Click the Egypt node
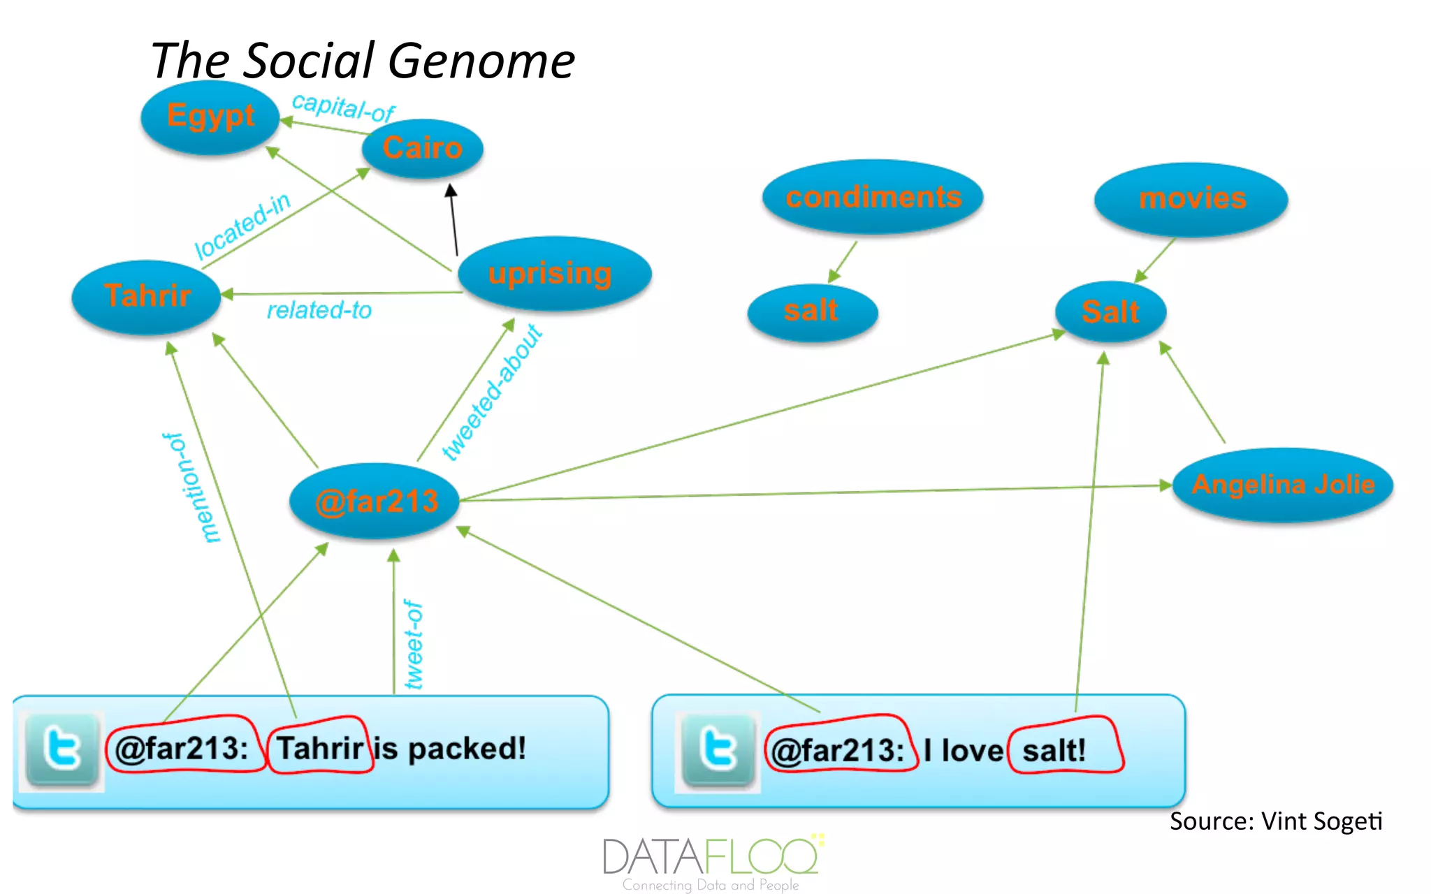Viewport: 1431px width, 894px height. [210, 117]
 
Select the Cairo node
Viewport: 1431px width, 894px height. [422, 148]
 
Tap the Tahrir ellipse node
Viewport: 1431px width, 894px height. [147, 296]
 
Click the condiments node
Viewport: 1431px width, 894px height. [873, 197]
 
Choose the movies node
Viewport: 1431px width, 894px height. [1191, 199]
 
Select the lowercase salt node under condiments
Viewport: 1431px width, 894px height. [811, 311]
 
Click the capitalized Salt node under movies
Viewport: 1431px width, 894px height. [1110, 312]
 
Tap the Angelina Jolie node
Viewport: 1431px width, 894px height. [1283, 485]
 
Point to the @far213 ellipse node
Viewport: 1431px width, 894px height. [376, 501]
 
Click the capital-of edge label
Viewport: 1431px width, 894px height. [343, 108]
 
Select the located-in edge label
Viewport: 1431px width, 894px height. [242, 225]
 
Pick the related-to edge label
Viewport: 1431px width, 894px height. [319, 310]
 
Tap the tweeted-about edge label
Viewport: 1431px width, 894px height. [492, 393]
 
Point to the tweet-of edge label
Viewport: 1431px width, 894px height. [413, 645]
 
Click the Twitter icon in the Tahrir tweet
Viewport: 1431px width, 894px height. [61, 751]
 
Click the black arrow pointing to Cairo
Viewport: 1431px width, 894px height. [454, 219]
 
